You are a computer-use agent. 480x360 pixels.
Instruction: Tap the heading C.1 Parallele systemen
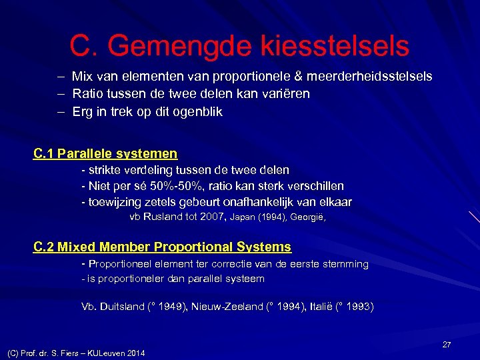(105, 154)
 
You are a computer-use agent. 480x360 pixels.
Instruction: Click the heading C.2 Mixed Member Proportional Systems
(162, 247)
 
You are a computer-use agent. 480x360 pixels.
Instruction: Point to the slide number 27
(447, 345)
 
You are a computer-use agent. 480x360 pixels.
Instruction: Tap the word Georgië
(309, 217)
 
